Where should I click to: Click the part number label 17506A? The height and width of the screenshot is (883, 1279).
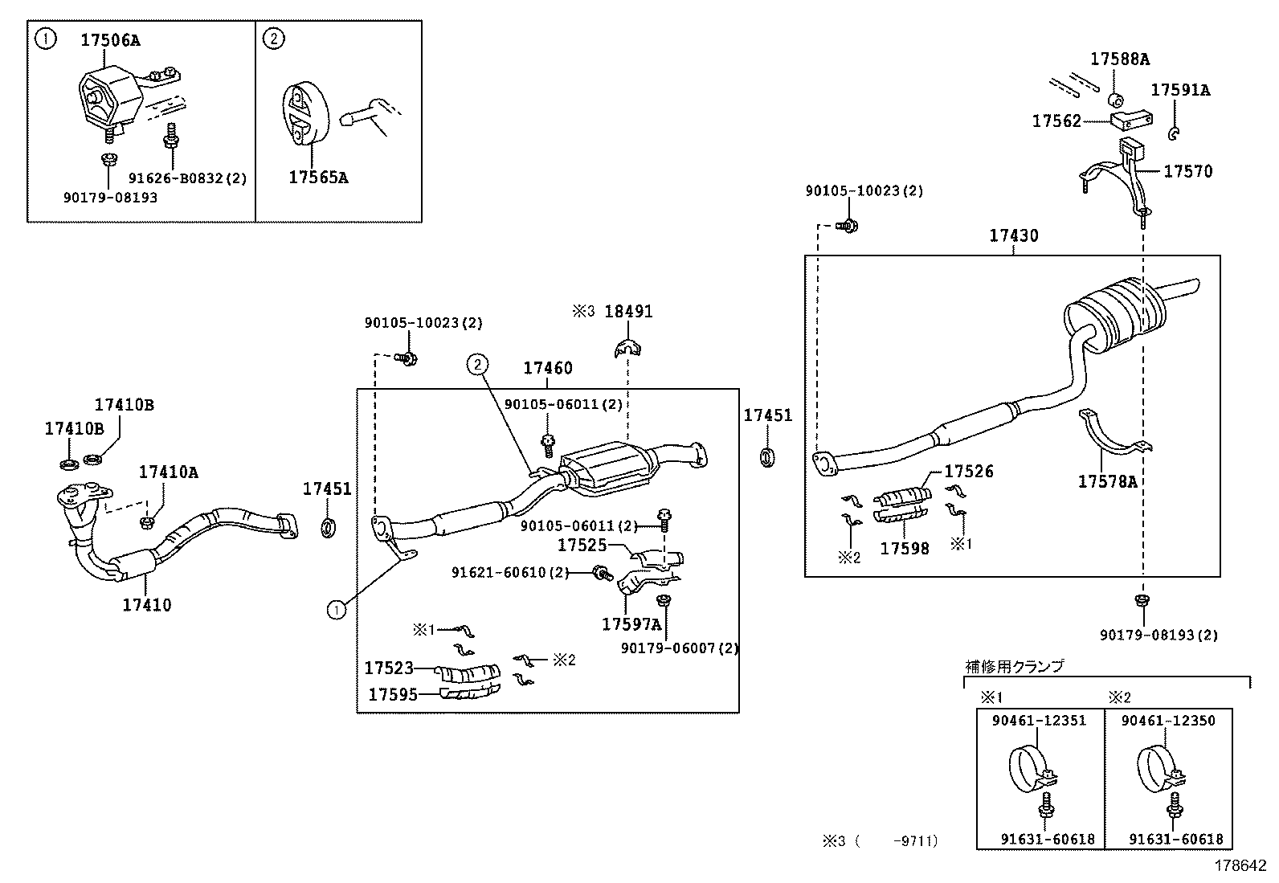(110, 40)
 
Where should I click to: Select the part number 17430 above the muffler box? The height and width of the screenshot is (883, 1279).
(1013, 235)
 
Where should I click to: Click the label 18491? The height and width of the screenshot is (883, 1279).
(628, 312)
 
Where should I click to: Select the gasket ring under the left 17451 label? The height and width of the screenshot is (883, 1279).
(328, 528)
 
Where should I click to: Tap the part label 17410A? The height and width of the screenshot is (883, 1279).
(168, 472)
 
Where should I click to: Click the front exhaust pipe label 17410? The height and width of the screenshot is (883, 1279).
(147, 605)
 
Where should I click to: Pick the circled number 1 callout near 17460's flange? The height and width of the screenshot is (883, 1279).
(336, 611)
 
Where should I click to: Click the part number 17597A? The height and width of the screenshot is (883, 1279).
(631, 624)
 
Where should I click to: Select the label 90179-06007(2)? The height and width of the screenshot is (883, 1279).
(680, 648)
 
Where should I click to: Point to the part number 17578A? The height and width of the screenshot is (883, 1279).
(1107, 481)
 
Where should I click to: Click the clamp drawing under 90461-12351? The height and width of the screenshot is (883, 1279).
(1030, 771)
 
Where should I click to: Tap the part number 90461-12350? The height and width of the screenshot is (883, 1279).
(1168, 721)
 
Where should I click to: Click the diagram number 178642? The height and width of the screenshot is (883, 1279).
(1240, 865)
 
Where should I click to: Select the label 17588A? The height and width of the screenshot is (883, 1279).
(1119, 59)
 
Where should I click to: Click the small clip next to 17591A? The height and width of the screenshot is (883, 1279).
(1175, 133)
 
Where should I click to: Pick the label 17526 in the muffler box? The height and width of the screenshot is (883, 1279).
(968, 472)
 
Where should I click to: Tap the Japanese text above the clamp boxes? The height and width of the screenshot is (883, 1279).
(1014, 666)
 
